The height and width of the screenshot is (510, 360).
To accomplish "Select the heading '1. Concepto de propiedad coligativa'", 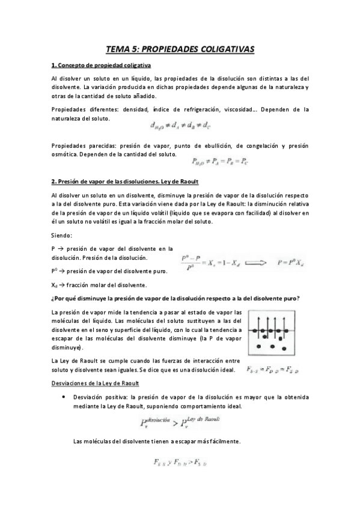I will click(x=101, y=65).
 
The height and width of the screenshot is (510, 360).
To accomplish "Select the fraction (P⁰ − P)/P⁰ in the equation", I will click(x=192, y=262).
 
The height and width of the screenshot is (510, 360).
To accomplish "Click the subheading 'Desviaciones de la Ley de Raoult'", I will click(x=95, y=382).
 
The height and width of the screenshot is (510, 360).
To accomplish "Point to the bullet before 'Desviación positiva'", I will click(x=63, y=398).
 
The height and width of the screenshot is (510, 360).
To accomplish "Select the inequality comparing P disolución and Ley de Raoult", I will click(x=180, y=421).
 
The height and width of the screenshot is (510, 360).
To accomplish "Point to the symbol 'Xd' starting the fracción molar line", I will click(x=55, y=284).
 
